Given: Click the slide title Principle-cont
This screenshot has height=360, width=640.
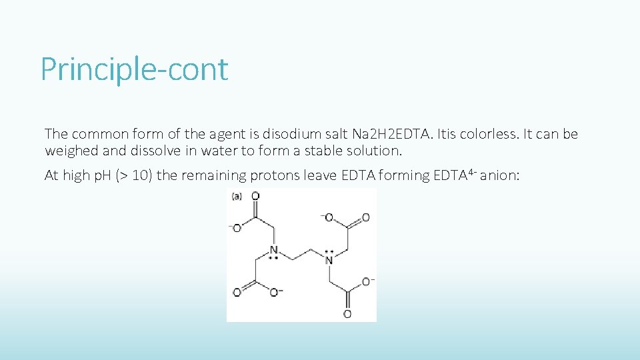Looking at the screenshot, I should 134,69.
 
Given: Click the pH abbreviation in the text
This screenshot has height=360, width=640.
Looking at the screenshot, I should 102,175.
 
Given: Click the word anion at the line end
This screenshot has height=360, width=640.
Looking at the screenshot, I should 503,175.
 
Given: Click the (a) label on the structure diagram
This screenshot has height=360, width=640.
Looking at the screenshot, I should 236,196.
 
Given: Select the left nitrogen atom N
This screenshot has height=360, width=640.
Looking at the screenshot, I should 273,251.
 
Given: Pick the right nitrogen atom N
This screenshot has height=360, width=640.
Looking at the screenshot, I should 329,259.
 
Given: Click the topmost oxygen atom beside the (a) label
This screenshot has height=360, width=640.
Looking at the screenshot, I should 255,196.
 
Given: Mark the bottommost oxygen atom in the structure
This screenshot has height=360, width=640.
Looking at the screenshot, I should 347,313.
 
